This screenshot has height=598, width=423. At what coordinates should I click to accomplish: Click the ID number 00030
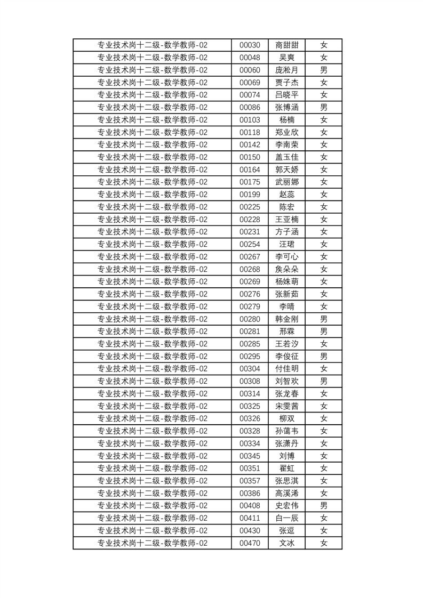(x=250, y=45)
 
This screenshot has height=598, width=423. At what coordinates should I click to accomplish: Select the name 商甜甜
(x=286, y=45)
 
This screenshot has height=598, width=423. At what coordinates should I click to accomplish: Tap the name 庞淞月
(x=286, y=70)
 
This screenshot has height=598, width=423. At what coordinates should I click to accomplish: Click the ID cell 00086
(x=250, y=108)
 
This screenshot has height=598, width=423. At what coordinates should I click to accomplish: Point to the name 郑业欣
(x=286, y=133)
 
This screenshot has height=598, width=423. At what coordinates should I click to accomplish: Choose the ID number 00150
(x=250, y=157)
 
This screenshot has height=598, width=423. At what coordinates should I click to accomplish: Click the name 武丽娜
(x=286, y=182)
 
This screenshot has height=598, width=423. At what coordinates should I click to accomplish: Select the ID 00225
(x=250, y=207)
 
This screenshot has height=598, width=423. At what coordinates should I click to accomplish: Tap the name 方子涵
(x=286, y=232)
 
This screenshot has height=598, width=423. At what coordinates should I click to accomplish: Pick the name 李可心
(x=286, y=257)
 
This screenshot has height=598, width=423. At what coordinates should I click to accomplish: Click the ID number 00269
(x=250, y=282)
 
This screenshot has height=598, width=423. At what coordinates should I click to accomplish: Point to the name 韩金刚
(x=286, y=319)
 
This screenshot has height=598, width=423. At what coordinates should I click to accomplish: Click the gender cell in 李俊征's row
(x=323, y=357)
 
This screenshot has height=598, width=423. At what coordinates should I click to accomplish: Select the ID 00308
(x=250, y=381)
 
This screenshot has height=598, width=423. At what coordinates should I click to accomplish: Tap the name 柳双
(x=286, y=418)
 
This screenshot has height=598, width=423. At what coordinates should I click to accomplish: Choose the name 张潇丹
(x=286, y=443)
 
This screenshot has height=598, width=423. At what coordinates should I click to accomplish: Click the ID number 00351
(x=250, y=468)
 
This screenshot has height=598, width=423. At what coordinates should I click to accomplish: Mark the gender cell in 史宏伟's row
(x=323, y=506)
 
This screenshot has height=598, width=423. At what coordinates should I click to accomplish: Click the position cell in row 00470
(x=152, y=543)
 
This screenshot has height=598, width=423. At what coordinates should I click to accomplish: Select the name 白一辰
(x=286, y=518)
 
